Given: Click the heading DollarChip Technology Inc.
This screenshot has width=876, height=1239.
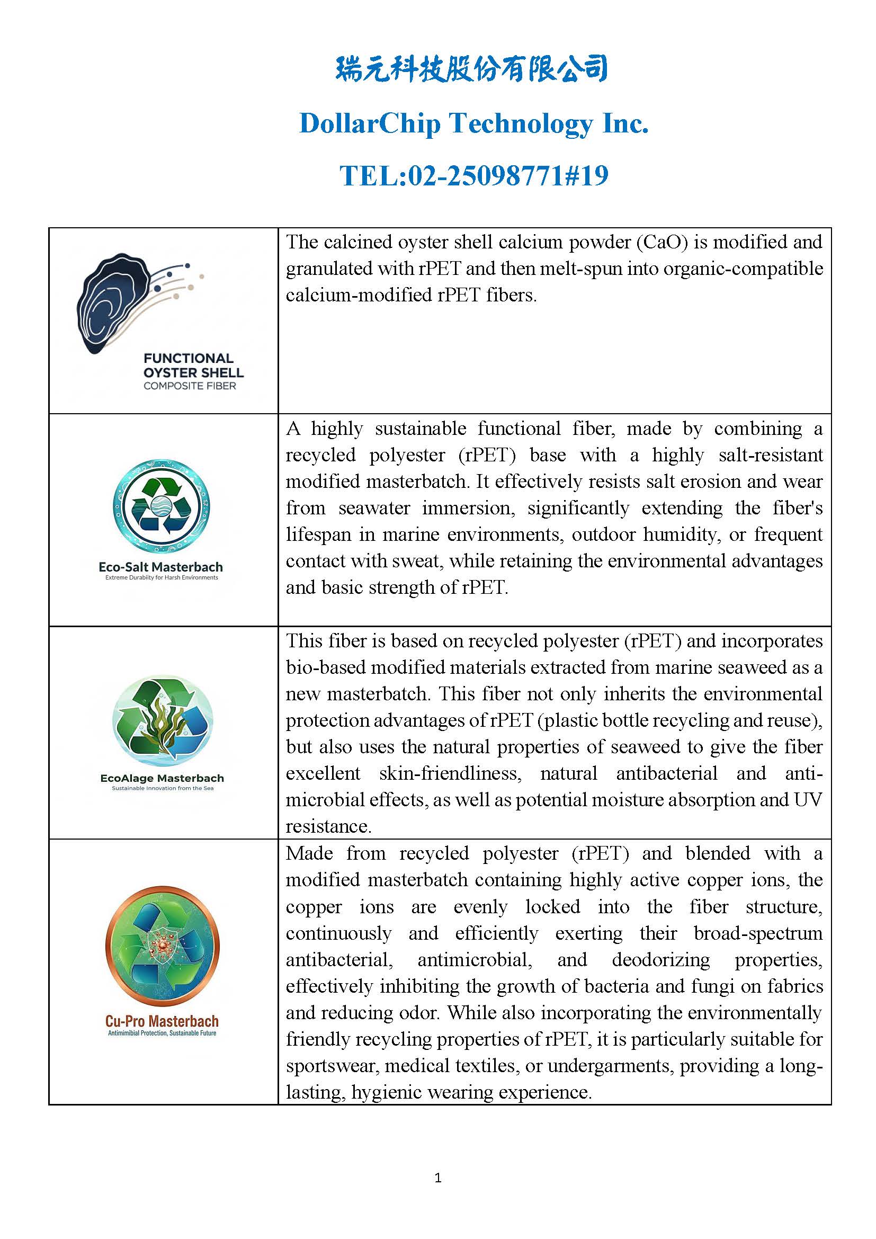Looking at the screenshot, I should click(x=473, y=123).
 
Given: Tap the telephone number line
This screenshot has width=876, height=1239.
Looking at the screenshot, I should click(x=473, y=175).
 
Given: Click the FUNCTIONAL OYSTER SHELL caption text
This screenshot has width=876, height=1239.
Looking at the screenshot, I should click(x=193, y=366).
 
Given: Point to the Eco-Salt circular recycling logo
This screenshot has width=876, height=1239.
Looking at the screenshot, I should click(x=162, y=507).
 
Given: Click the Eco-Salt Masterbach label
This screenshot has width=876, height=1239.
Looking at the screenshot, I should click(x=161, y=567).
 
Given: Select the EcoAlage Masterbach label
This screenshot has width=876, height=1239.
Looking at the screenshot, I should click(x=162, y=778).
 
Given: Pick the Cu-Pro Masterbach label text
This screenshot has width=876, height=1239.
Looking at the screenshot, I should click(x=162, y=1021).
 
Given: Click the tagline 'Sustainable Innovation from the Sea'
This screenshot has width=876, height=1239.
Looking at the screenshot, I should click(x=163, y=788).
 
